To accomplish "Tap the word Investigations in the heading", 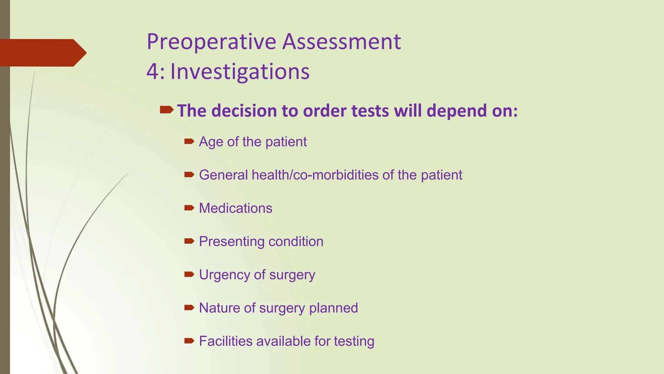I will (240, 72).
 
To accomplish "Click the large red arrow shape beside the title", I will (42, 53).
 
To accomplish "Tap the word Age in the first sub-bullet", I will (211, 142).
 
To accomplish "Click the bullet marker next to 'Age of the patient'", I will (189, 141).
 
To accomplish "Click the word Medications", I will (236, 208).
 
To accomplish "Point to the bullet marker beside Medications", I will (189, 208).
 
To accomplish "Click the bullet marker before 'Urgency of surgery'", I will (189, 274).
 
